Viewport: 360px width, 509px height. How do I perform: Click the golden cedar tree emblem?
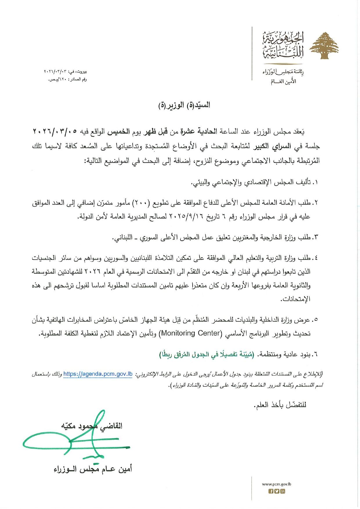coord(324,46)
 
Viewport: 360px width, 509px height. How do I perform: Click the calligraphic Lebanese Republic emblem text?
coord(283,45)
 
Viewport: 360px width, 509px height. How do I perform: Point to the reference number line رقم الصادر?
coord(67,79)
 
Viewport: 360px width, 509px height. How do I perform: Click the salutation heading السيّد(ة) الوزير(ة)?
coord(184,105)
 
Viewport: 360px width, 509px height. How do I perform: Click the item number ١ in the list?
coord(316,182)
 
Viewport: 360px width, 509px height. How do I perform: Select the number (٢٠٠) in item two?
coord(141,203)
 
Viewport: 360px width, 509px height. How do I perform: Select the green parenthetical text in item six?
coord(207,354)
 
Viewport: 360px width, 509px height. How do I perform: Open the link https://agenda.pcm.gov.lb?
coord(98,374)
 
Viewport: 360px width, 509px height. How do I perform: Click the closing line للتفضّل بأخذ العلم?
coord(280,405)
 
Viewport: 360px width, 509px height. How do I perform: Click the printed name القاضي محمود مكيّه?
coord(92,426)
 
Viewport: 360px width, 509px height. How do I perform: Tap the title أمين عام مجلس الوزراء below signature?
coord(93,469)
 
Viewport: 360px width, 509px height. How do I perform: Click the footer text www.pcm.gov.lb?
coord(276,484)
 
